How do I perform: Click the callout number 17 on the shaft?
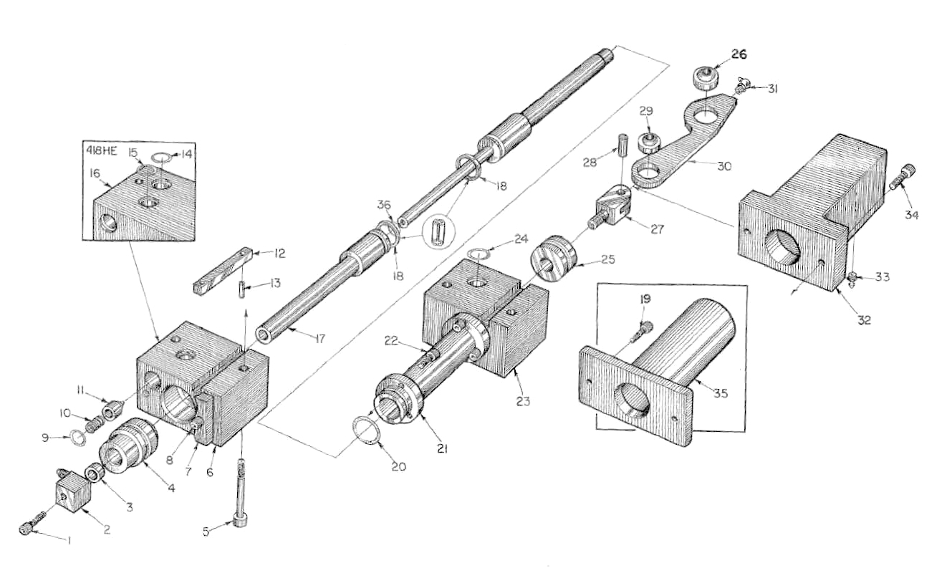point(320,339)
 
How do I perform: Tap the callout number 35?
point(721,394)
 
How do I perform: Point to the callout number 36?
point(384,205)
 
